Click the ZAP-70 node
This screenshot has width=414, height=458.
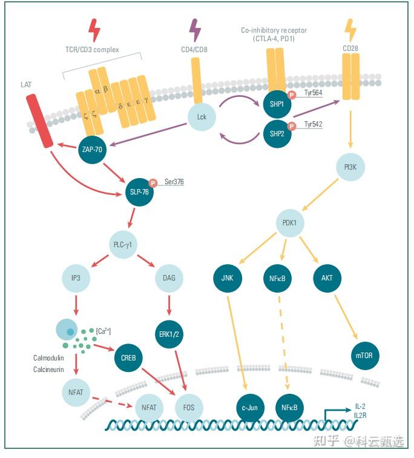click(92, 150)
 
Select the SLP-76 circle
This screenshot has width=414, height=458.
click(139, 192)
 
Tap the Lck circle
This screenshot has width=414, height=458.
click(202, 117)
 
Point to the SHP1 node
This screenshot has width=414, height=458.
click(277, 104)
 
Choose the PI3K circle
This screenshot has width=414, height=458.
click(350, 167)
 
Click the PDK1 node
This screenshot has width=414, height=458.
click(289, 223)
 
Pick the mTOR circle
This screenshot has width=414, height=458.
click(365, 356)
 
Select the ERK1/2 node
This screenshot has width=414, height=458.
click(169, 334)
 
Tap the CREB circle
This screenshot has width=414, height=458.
click(128, 358)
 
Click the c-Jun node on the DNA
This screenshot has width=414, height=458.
click(250, 408)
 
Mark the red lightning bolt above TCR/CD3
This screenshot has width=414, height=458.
click(94, 30)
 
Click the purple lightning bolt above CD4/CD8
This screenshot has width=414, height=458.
click(195, 30)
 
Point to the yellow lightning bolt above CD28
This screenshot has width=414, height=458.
click(350, 30)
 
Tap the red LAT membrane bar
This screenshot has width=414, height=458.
click(40, 121)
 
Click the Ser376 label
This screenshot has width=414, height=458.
click(174, 182)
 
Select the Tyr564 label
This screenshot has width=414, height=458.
click(314, 93)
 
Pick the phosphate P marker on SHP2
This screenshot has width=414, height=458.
click(292, 126)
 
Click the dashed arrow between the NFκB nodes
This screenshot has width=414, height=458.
click(283, 343)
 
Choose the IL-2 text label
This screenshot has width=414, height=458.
click(360, 407)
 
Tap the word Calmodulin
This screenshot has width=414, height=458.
click(48, 358)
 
